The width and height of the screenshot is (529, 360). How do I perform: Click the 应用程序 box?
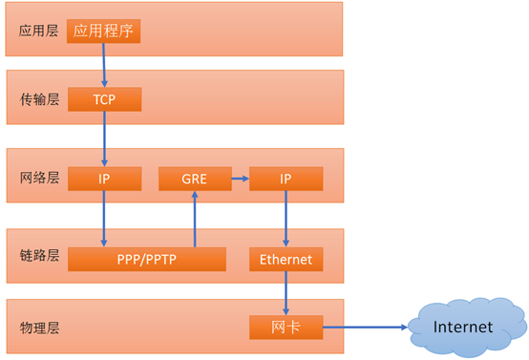[104, 32]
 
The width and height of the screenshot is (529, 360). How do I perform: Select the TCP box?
[104, 99]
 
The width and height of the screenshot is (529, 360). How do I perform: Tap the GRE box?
[194, 179]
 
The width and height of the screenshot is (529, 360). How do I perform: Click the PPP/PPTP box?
[146, 259]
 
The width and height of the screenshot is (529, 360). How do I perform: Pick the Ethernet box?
[286, 259]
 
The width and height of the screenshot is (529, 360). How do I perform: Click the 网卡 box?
[286, 328]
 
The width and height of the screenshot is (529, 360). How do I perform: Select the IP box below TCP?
[104, 179]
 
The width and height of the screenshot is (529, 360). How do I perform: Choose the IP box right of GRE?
[286, 179]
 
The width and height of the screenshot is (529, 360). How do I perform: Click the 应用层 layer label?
[39, 32]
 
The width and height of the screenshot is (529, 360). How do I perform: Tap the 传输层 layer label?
[39, 99]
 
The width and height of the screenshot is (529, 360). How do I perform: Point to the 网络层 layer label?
[39, 179]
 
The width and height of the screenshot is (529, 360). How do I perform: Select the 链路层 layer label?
[39, 256]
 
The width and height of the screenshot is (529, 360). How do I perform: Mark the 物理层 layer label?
[39, 328]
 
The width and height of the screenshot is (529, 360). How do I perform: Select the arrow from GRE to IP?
[240, 179]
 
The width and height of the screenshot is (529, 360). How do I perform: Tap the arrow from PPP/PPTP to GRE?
[194, 219]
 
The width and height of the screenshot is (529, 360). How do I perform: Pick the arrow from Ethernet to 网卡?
[286, 293]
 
